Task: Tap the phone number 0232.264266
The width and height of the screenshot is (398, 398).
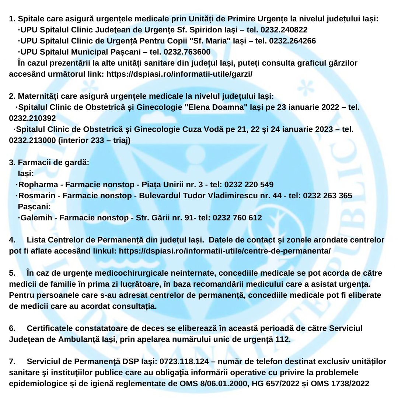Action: (292, 41)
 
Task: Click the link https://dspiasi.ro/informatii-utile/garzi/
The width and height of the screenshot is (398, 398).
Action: (179, 74)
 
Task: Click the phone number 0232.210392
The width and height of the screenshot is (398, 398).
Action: (32, 118)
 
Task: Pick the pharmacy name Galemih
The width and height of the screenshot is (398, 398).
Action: (36, 218)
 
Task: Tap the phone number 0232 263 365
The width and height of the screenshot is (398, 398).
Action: (328, 196)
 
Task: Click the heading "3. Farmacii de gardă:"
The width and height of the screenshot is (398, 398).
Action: (49, 163)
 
